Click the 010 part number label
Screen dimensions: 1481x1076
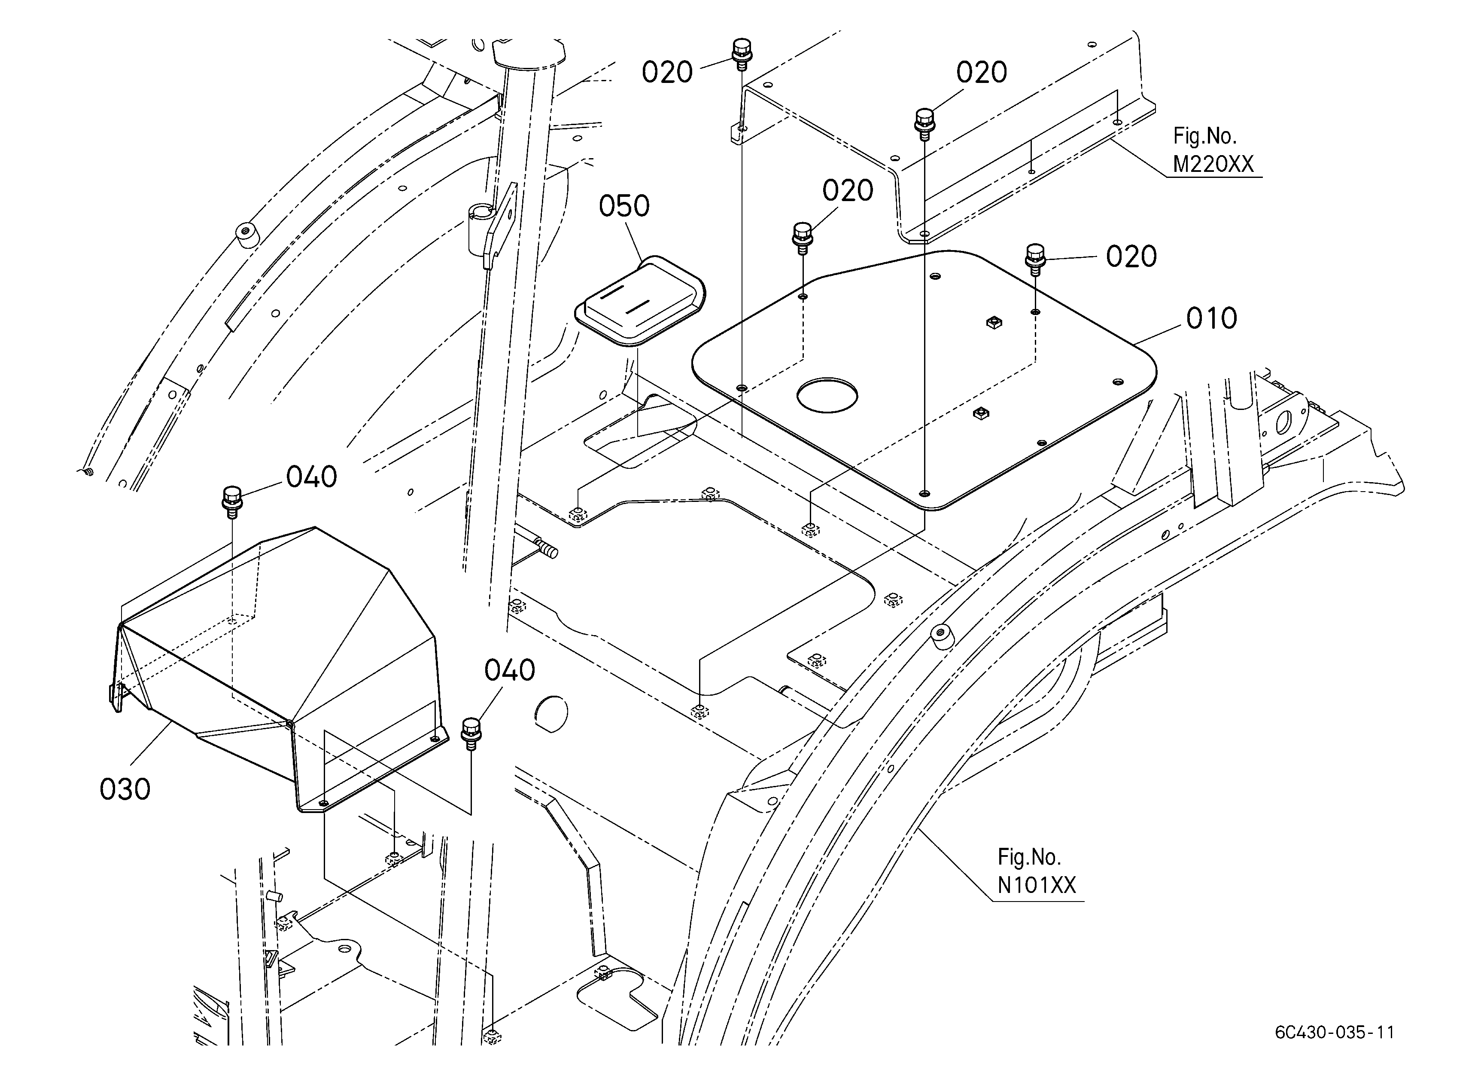pyautogui.click(x=1211, y=319)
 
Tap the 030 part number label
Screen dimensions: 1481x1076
pyautogui.click(x=125, y=789)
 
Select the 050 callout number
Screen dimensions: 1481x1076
pyautogui.click(x=624, y=206)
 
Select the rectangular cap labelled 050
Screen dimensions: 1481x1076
pyautogui.click(x=640, y=300)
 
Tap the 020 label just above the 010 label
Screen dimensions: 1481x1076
pyautogui.click(x=1131, y=257)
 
